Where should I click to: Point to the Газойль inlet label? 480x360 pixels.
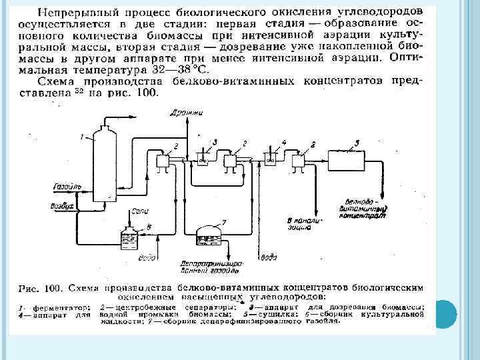pyautogui.click(x=67, y=186)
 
